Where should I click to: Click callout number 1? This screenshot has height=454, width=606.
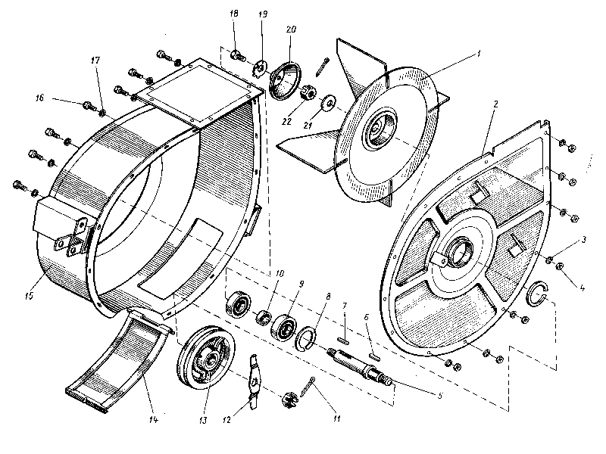coord(478,54)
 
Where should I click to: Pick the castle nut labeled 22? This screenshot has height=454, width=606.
coord(309,94)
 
